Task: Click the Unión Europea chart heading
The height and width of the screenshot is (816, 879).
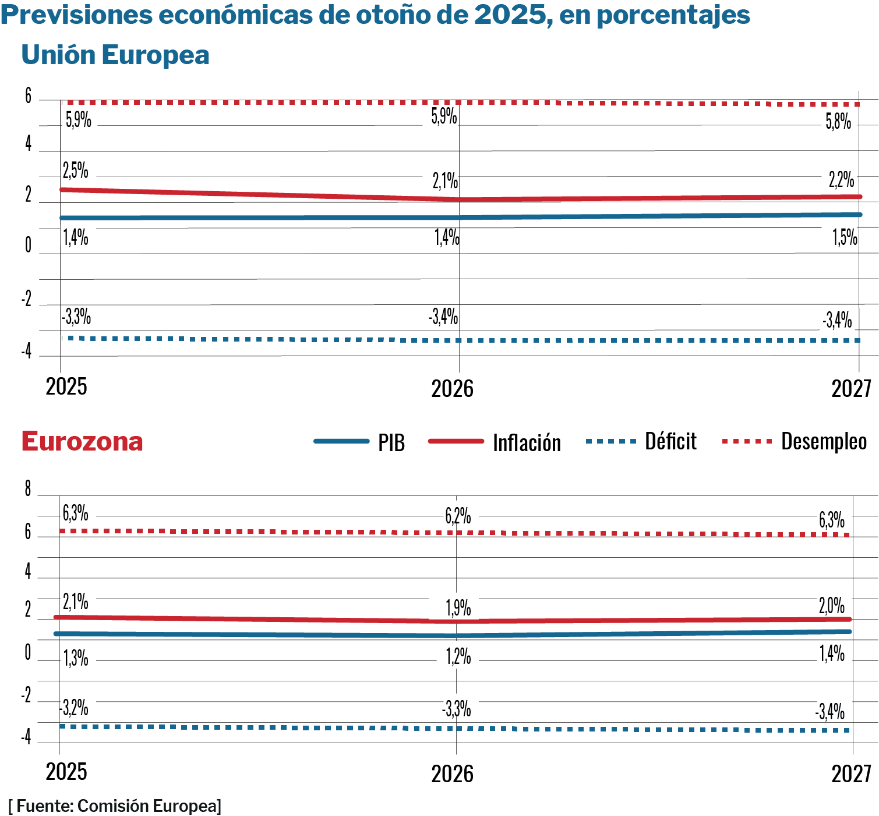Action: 115,55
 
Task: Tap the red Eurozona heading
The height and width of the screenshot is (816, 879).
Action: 82,442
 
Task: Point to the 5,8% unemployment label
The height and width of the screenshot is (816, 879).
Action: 838,122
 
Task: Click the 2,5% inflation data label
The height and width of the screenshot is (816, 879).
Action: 76,171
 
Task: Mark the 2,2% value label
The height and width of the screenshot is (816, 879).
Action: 841,180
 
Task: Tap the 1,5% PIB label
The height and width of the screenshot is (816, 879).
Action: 845,237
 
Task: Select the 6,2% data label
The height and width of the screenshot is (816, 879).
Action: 458,516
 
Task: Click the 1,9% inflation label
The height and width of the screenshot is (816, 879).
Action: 458,608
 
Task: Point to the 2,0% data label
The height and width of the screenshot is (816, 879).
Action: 832,606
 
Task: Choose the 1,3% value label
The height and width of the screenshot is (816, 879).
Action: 76,659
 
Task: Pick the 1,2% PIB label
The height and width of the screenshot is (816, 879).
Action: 458,657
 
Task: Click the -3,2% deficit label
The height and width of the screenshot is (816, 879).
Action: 74,708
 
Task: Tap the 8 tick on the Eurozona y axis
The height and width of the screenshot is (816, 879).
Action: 27,489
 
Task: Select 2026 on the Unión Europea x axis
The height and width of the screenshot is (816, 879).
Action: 452,389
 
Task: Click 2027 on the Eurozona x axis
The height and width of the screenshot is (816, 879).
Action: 851,774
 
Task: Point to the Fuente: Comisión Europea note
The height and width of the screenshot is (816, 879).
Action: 115,806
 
